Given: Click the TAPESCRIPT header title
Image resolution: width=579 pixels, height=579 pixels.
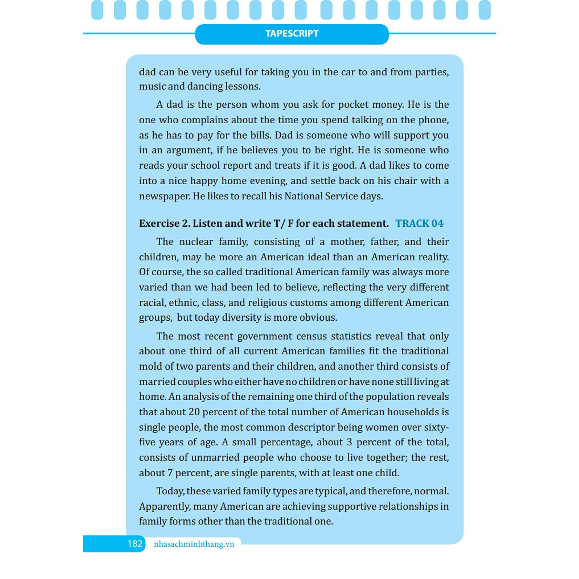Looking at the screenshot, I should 292,33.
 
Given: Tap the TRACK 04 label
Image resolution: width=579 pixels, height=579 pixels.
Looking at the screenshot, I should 419,224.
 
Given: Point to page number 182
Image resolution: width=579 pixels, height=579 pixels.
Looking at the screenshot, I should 135,544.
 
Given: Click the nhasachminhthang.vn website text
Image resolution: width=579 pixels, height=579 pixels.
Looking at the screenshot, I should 194,544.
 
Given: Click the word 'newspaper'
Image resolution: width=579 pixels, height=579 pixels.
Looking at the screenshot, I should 164,196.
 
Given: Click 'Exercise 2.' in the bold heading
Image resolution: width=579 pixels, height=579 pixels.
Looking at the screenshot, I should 165,224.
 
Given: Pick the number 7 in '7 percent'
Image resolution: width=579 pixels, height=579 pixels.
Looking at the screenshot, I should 170,473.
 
